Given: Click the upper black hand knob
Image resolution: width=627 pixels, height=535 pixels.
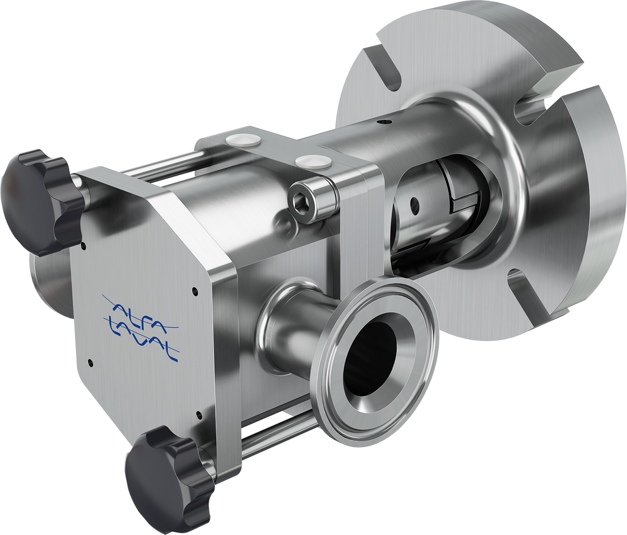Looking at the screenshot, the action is (42, 202).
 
